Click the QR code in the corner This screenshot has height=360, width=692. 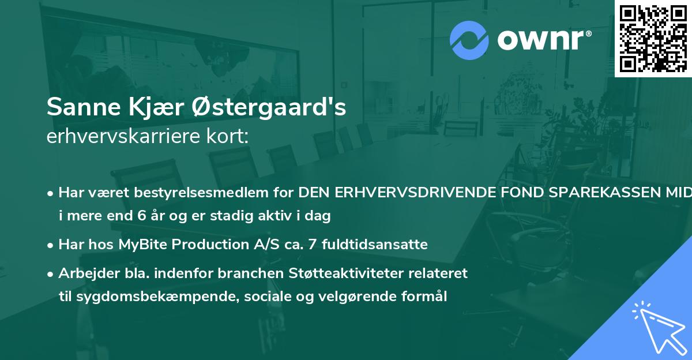coord(653,38)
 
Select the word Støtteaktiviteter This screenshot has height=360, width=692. coord(355,273)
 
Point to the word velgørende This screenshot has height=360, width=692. coord(337,297)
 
